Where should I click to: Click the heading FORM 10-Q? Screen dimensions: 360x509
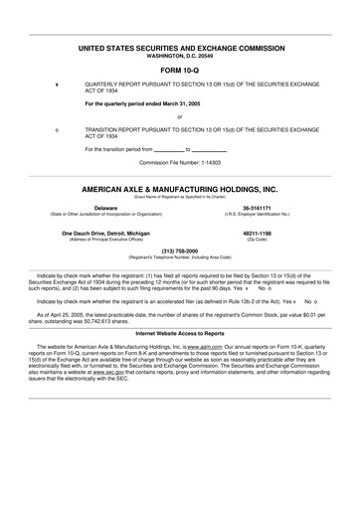pyautogui.click(x=180, y=72)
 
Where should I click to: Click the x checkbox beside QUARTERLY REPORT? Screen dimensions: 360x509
pyautogui.click(x=57, y=85)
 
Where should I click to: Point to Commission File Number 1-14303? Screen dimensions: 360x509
pyautogui.click(x=180, y=161)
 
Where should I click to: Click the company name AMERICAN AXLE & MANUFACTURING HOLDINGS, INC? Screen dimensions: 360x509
pyautogui.click(x=180, y=188)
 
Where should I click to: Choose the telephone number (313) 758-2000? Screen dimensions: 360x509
pyautogui.click(x=180, y=251)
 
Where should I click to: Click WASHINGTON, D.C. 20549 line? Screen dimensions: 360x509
pyautogui.click(x=180, y=56)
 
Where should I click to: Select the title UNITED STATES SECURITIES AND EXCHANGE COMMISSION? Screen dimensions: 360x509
pyautogui.click(x=180, y=48)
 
